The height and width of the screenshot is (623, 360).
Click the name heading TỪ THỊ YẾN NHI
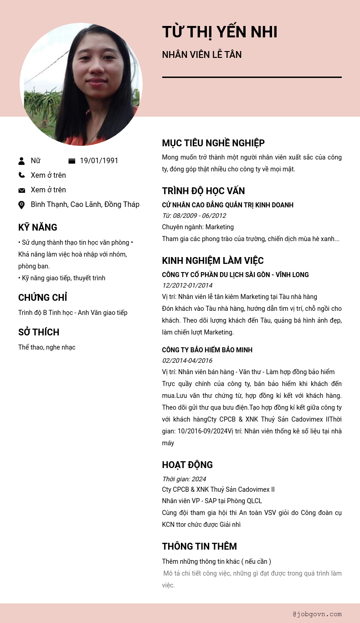(x=219, y=32)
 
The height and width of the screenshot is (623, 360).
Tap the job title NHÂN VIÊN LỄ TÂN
(x=201, y=55)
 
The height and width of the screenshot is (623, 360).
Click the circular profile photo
(x=81, y=84)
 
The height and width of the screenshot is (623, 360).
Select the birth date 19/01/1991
(x=99, y=161)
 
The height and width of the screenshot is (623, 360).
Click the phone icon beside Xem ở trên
(x=21, y=175)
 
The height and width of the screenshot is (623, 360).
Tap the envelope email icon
(x=21, y=190)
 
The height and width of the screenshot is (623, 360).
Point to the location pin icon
(x=21, y=205)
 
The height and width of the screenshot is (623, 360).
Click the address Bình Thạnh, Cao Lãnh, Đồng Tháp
(x=85, y=205)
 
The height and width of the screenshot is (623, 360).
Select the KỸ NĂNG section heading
(x=37, y=227)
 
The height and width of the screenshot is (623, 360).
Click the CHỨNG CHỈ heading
(x=42, y=298)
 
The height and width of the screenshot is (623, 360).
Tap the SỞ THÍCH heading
(x=39, y=332)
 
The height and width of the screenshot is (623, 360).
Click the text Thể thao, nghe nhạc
(x=46, y=347)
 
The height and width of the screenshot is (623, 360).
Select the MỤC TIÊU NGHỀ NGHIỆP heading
(x=213, y=143)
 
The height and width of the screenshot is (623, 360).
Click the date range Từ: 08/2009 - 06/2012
(x=194, y=216)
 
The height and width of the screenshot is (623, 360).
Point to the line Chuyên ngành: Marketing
(x=197, y=227)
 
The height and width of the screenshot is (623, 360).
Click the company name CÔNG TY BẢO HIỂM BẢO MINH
(x=207, y=350)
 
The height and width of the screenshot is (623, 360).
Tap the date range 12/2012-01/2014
(x=187, y=285)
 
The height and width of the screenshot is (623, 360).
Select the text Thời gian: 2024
(x=184, y=479)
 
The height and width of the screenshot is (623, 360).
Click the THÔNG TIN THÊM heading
(x=199, y=546)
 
